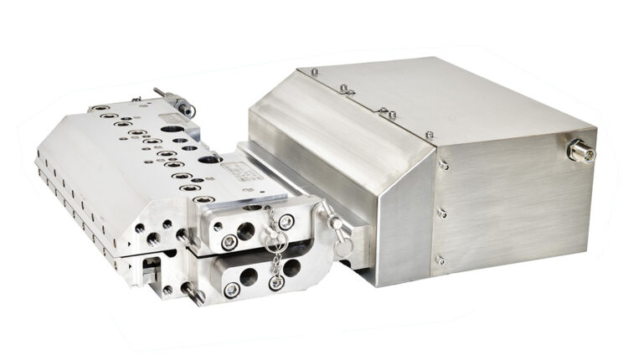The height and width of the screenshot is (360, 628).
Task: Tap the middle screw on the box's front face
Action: [442, 213]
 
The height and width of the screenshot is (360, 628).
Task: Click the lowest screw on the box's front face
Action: [440, 260]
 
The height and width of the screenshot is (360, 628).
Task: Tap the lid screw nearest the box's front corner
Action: [430, 134]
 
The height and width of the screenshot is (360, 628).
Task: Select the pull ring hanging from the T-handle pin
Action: [342, 249]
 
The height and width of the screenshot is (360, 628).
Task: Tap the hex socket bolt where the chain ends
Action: [275, 282]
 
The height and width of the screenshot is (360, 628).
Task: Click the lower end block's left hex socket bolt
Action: [231, 290]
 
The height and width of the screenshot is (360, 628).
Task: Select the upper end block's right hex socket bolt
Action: [286, 222]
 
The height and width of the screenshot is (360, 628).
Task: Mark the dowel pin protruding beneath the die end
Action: [193, 294]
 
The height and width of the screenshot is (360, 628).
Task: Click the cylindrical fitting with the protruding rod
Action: [178, 105]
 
